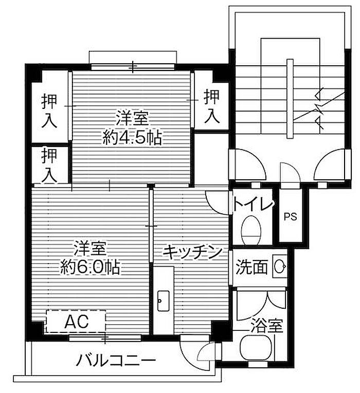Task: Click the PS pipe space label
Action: point(290,216)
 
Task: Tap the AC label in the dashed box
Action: point(77,322)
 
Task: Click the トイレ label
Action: point(253,205)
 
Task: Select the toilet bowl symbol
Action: point(251,230)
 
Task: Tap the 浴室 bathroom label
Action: point(267,326)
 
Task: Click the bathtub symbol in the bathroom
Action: point(256,348)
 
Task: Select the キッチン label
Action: point(192,252)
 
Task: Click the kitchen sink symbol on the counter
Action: point(163,301)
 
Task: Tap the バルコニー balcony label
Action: point(116,361)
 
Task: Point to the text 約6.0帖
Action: point(90,267)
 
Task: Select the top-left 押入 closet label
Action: point(49,110)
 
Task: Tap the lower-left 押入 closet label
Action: point(49,165)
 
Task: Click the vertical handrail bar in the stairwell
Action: point(290,98)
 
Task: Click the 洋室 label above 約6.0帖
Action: point(90,249)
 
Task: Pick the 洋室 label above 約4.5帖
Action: point(132,119)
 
